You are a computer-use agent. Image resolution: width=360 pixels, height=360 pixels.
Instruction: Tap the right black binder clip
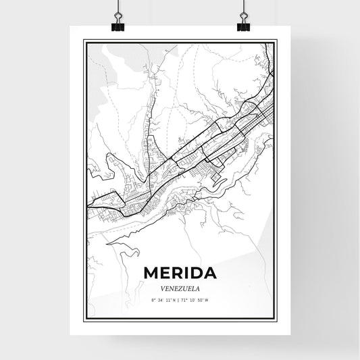(x=242, y=25)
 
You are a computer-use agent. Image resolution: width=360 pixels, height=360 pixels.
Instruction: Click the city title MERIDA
(x=180, y=274)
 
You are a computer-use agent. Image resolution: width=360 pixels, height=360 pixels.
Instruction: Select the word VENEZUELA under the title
(x=180, y=286)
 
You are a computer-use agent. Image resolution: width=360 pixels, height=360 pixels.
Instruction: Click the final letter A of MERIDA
(x=210, y=274)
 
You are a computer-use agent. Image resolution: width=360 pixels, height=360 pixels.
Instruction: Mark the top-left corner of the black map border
(x=84, y=41)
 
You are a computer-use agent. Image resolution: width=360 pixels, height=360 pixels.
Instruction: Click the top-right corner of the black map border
(x=277, y=41)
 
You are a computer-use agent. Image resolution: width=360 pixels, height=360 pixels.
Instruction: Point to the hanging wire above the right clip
(x=242, y=7)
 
